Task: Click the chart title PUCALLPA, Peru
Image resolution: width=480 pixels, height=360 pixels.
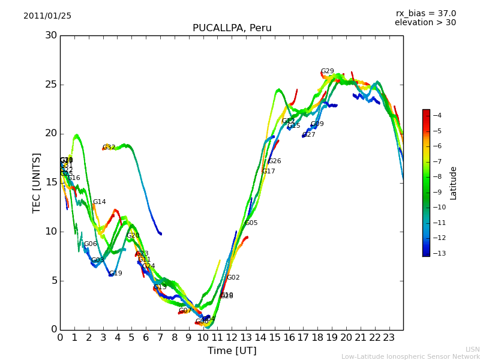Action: point(232,28)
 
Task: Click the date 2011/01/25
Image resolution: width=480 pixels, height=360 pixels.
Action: point(47,16)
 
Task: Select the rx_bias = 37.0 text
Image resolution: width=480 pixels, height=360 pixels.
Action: point(425,14)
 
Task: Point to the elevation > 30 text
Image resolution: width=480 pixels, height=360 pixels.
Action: point(425,23)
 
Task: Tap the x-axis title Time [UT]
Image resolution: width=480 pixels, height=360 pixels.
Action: point(232,351)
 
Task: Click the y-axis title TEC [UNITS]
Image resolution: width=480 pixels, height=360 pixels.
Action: point(37,182)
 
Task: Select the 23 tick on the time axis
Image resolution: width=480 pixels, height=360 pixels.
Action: point(389,338)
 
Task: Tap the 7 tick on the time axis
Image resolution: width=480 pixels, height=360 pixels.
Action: point(160,338)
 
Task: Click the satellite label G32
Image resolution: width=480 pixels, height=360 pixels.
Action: point(109,148)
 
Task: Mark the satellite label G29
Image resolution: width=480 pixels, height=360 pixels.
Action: point(327,71)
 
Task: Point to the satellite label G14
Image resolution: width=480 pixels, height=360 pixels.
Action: point(99,202)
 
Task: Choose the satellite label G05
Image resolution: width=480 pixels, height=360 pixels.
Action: point(251,223)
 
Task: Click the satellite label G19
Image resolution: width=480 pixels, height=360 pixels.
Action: point(115,274)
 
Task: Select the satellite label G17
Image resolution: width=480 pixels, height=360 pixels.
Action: point(268,172)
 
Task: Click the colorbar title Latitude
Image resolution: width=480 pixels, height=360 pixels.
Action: point(454,182)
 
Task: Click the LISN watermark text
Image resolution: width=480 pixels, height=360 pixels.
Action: point(473,349)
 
